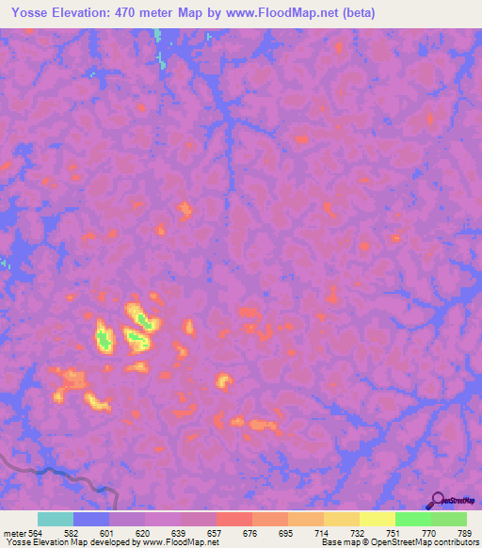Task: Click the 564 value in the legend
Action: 38,532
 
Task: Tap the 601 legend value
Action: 110,532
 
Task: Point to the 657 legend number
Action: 217,532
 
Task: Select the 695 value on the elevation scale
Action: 287,532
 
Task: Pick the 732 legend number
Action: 359,532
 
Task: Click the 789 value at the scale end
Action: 465,532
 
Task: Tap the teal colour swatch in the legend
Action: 56,519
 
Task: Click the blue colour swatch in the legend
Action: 91,519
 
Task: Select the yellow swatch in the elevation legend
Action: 378,519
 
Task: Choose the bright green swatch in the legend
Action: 413,519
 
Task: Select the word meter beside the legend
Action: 13,532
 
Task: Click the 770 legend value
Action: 429,532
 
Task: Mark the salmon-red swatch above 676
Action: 234,519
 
